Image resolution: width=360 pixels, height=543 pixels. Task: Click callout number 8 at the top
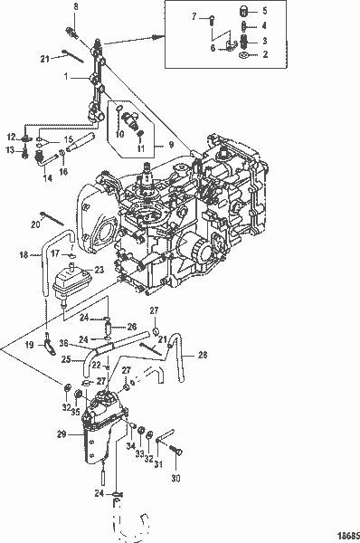pyautogui.click(x=75, y=7)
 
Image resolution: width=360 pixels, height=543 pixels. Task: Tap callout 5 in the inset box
pyautogui.click(x=264, y=11)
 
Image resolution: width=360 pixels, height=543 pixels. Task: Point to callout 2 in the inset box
pyautogui.click(x=264, y=54)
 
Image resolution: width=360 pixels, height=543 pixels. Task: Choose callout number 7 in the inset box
pyautogui.click(x=194, y=17)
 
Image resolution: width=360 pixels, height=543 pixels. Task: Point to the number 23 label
pyautogui.click(x=99, y=270)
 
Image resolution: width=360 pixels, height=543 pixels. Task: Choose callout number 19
pyautogui.click(x=28, y=345)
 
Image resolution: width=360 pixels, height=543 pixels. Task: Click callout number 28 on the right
pyautogui.click(x=204, y=354)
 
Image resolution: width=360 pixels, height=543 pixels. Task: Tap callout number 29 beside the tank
pyautogui.click(x=62, y=435)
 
